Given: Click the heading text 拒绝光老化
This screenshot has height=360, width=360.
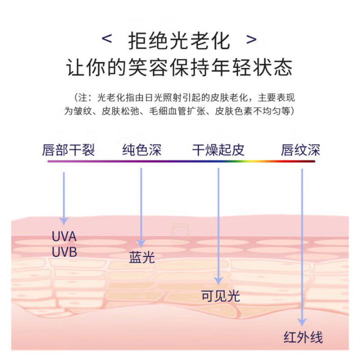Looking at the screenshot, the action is pos(179,40).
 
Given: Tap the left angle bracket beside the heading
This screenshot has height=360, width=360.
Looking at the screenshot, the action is pos(107,39).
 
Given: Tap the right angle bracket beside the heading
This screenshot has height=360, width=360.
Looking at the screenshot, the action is pos(252,39).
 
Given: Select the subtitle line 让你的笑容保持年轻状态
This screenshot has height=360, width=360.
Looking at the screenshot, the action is pos(180,67).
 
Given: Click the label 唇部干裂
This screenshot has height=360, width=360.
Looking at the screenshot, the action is pos(68,150).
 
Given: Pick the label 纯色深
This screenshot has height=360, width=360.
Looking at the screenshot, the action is pos(141,150).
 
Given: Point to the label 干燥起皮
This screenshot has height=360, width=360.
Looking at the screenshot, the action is pos(218,150).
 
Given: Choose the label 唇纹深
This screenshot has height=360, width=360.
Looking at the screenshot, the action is pos(300,150).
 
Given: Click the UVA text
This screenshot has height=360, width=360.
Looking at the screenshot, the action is pos(64,236).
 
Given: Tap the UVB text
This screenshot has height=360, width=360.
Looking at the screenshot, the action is pos(64,252).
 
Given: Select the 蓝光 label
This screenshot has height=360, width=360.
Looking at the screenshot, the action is pos(142,257).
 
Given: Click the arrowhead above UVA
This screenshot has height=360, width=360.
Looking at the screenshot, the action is pos(64,220).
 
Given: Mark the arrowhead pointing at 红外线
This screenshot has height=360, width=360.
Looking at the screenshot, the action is pos(302,322).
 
